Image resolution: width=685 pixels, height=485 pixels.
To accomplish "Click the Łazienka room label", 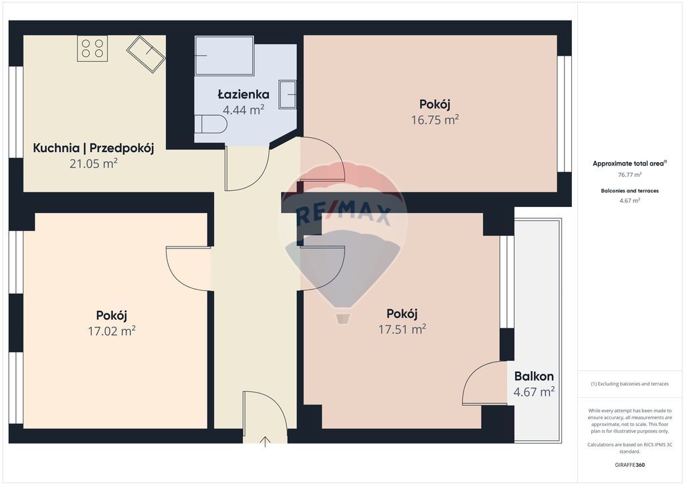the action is coord(243,94).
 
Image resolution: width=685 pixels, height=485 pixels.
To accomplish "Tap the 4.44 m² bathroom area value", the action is coord(243,110).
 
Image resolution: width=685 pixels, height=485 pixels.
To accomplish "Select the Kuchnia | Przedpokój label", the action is coord(94,148).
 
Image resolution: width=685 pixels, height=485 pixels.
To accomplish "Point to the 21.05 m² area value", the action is coord(94,163).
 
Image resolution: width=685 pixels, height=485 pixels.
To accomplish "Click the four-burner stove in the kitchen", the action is coord(92,48).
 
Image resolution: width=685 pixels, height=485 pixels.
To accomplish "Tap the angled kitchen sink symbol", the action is coord(146,54).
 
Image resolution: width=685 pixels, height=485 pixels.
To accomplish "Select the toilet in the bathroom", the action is coord(211,124).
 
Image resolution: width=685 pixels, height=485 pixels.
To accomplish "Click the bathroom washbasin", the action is coord(287,94).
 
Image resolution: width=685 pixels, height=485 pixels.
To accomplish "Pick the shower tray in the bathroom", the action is coord(224,56).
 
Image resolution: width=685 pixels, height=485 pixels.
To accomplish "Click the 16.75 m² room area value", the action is coord(435,120).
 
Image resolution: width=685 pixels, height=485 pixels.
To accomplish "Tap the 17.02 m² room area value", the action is coord(112,331).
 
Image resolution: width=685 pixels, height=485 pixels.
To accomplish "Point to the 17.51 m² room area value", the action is coord(402,330).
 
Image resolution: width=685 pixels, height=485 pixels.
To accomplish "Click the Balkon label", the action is coord(534,376).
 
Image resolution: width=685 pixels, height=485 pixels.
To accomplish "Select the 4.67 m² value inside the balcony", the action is coord(534,392).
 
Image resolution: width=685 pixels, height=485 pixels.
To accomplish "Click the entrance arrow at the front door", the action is coord(265,441).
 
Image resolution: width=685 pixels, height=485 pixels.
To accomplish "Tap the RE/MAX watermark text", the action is coord(343,215).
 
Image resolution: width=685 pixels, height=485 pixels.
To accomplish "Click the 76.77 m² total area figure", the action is coord(629,174).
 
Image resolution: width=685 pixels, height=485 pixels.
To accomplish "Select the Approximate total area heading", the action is coord(629,163).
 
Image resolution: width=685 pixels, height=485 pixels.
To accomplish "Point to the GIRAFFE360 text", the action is coord(629,465).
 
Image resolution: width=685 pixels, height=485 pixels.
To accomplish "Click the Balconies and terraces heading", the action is coord(629,191).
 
